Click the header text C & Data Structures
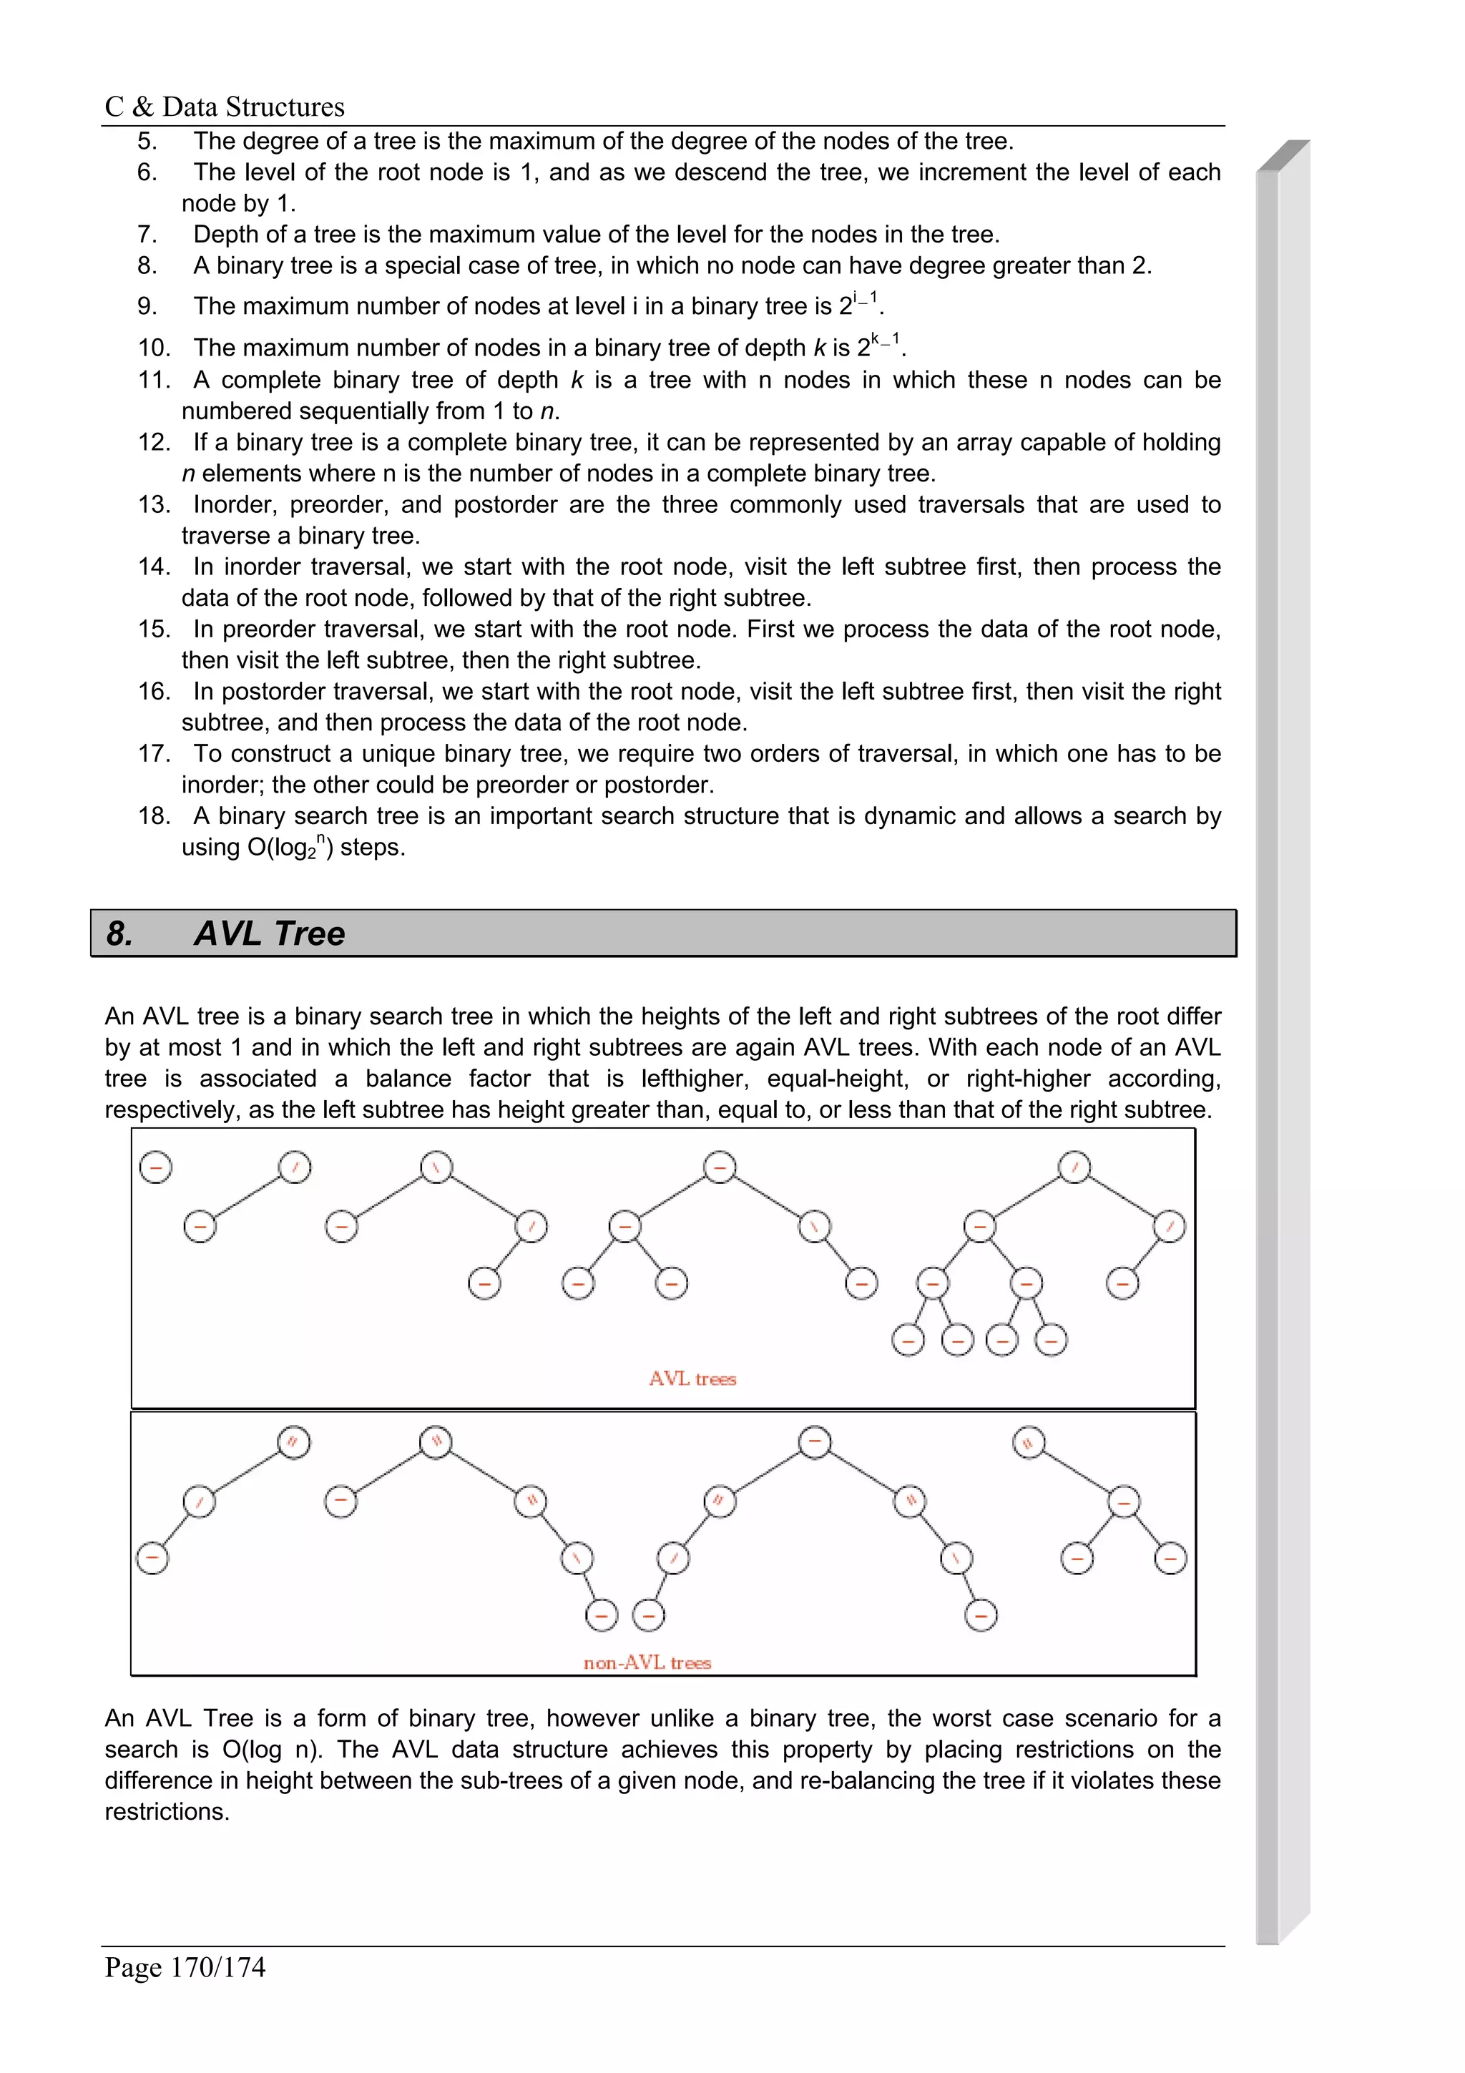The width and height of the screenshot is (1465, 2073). (224, 107)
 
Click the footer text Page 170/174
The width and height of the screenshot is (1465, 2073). (185, 1966)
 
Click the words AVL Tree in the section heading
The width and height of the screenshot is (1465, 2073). (269, 933)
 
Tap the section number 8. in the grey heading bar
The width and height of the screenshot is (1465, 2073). (120, 933)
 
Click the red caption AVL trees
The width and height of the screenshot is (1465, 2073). (692, 1378)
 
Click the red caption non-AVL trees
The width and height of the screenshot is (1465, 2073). (647, 1662)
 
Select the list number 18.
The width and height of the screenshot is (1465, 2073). (154, 816)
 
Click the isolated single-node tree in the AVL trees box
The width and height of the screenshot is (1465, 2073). (156, 1167)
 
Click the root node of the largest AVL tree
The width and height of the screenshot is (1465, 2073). (1074, 1167)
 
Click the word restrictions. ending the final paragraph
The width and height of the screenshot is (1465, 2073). (167, 1811)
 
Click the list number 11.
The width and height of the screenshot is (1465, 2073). (154, 380)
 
